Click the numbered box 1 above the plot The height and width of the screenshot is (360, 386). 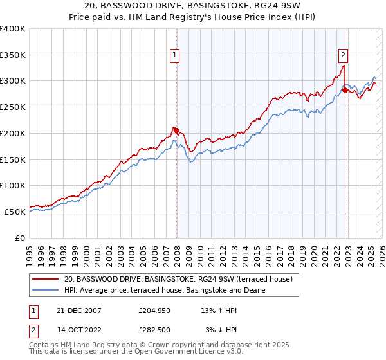[175, 56]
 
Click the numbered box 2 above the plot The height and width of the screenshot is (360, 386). [344, 56]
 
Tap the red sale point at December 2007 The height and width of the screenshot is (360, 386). [176, 130]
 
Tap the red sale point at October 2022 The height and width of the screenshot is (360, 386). [345, 90]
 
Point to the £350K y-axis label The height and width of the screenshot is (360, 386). [13, 55]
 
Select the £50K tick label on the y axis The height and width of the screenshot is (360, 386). [15, 212]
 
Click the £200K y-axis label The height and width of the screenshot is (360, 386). [13, 134]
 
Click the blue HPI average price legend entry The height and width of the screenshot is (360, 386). [164, 290]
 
